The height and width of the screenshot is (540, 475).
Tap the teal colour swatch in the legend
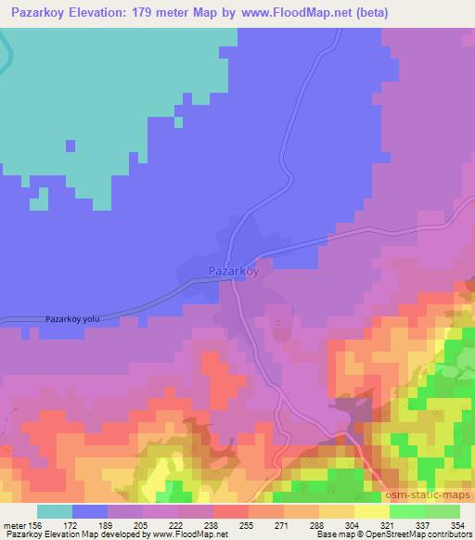pos(54,511)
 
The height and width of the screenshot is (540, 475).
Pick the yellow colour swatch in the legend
pos(372,511)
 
